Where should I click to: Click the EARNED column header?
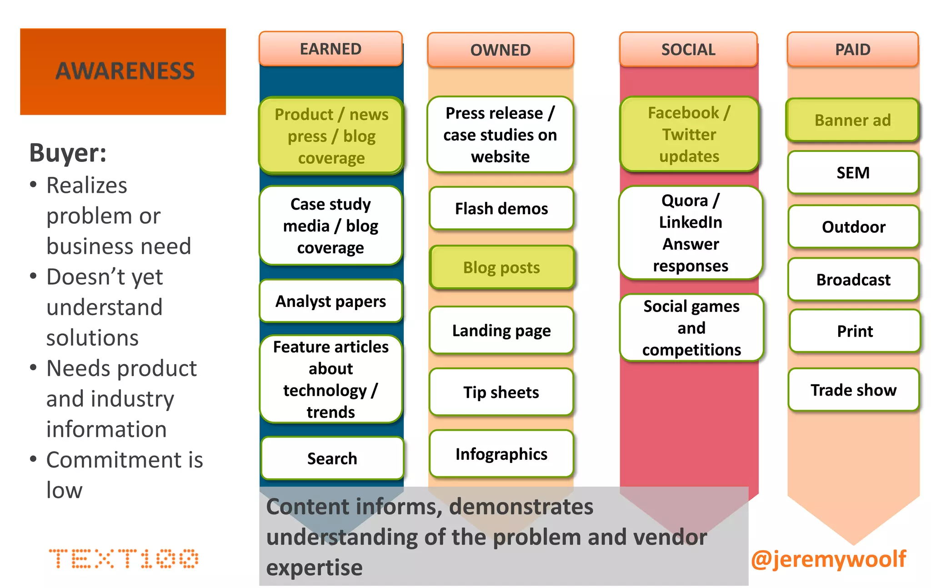click(x=330, y=49)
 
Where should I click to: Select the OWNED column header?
click(x=500, y=50)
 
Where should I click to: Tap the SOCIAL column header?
click(x=688, y=49)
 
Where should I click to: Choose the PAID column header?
click(x=852, y=49)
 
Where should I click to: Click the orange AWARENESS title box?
click(x=123, y=71)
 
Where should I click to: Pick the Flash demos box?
click(x=501, y=208)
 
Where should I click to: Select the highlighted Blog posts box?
click(x=501, y=267)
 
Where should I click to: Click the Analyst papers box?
click(x=330, y=301)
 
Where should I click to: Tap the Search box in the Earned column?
click(x=332, y=458)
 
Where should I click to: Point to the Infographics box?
click(x=501, y=454)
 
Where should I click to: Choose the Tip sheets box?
click(x=501, y=392)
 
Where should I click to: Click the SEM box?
click(x=853, y=173)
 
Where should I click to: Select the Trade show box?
click(x=853, y=390)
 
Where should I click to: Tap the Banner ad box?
click(x=852, y=120)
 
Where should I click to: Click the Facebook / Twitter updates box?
click(x=689, y=134)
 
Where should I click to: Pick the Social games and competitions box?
click(x=691, y=328)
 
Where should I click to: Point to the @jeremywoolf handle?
click(x=828, y=558)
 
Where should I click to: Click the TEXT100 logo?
click(x=123, y=558)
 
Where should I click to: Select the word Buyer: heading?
click(x=68, y=153)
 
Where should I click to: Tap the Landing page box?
click(x=501, y=330)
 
